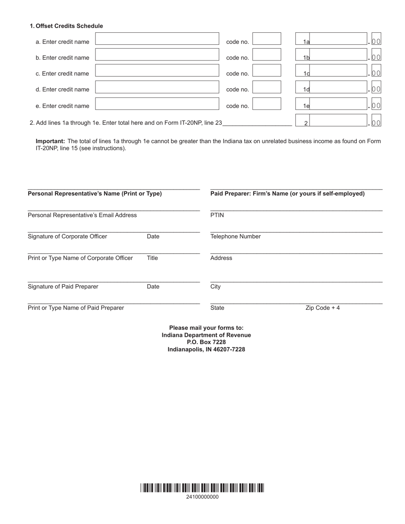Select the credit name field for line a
click(x=156, y=39)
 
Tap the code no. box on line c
click(x=266, y=71)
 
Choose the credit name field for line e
click(x=156, y=104)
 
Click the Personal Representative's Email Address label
click(x=82, y=215)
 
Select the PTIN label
click(x=217, y=215)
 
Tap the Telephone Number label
click(x=235, y=236)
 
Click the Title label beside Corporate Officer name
click(x=152, y=258)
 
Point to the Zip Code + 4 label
click(x=322, y=308)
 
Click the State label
click(x=217, y=308)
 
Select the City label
click(x=215, y=287)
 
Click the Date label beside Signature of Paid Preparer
click(x=153, y=287)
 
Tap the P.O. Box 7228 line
click(x=206, y=342)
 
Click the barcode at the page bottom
click(x=202, y=488)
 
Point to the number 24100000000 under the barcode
click(x=202, y=497)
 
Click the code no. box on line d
click(x=266, y=87)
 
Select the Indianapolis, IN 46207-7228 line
click(x=206, y=349)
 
